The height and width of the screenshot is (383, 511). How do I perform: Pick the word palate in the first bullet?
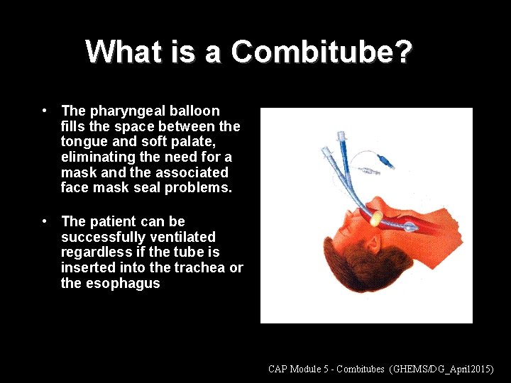(187, 142)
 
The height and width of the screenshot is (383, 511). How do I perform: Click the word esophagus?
(122, 283)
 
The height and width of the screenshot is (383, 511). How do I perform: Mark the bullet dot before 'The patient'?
(45, 221)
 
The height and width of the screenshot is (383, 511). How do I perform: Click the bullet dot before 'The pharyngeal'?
(45, 111)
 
